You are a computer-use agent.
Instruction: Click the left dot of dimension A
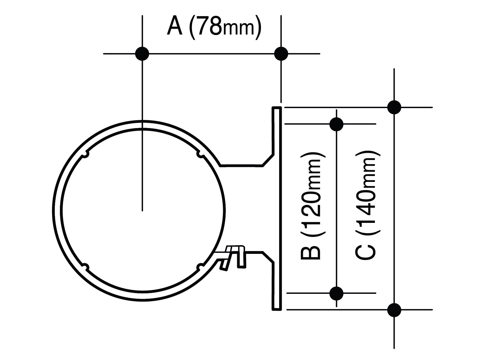pos(142,54)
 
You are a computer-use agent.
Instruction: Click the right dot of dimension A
pos(281,54)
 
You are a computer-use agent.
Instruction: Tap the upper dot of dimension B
pos(336,124)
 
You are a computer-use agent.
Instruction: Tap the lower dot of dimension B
pos(336,293)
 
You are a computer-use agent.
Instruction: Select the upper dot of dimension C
pos(394,107)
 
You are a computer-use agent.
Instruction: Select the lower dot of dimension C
pos(394,310)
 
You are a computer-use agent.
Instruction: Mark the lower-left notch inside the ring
pos(85,267)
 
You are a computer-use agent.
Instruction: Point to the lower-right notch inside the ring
pos(200,267)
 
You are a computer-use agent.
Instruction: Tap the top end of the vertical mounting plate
pos(277,108)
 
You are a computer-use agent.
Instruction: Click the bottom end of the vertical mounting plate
pos(277,309)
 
